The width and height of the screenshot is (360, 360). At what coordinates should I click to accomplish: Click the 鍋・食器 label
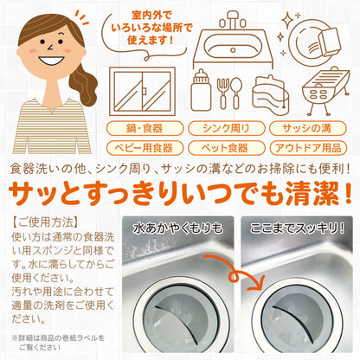click(x=142, y=129)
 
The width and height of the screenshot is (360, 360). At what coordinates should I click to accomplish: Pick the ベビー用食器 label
click(x=142, y=147)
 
